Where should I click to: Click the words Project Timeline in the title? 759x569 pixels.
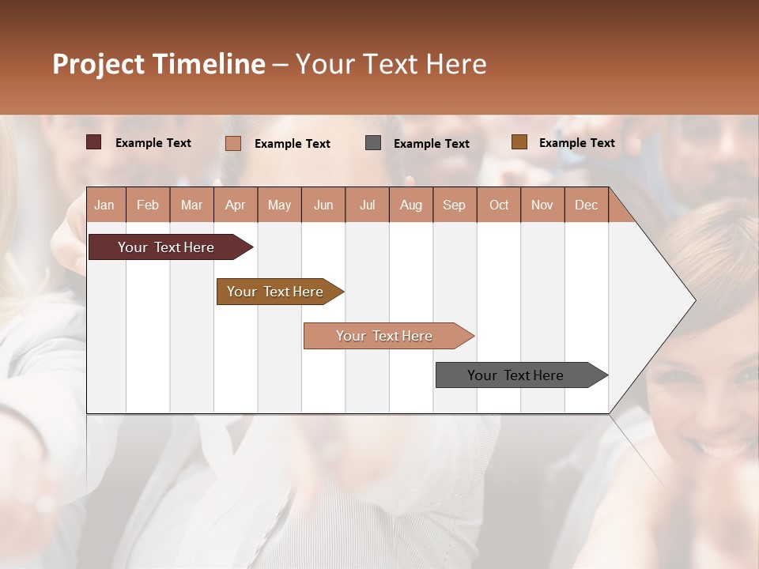[158, 64]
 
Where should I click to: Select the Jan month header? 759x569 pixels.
[104, 205]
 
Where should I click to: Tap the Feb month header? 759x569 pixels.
[148, 205]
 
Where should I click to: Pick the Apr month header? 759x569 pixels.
[235, 205]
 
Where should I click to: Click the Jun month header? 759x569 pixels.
[323, 205]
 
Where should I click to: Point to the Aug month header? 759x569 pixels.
[410, 205]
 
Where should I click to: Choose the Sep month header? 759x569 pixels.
[454, 205]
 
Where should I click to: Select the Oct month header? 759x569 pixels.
[499, 205]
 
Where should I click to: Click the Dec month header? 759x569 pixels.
[586, 205]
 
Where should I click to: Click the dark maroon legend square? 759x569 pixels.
[93, 142]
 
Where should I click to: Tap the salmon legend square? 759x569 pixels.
[232, 143]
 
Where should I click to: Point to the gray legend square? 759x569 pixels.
[373, 143]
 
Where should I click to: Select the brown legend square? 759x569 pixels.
[519, 142]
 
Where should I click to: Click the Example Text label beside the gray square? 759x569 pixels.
[431, 144]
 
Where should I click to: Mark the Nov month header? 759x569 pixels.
[542, 205]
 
